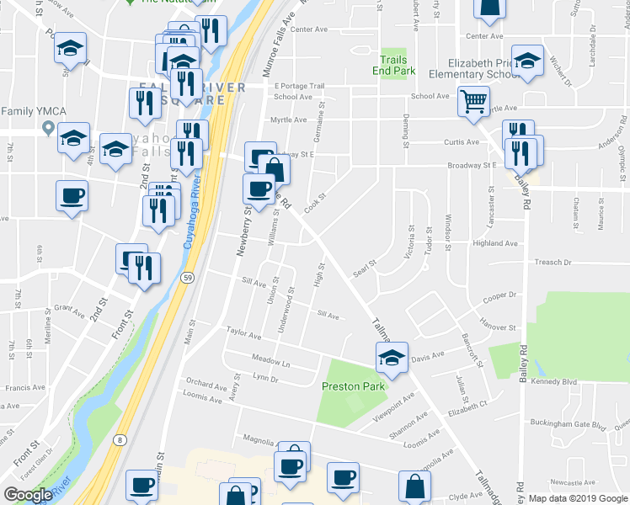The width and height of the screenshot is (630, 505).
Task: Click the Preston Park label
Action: point(353,386)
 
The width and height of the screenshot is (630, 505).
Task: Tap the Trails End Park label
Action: point(393,66)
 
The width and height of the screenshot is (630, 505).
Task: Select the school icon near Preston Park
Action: point(392,358)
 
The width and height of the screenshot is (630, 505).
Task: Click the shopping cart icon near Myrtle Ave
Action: point(473,101)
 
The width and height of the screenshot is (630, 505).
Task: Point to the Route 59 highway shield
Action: point(187,277)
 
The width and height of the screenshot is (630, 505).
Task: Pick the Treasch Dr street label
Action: point(553,262)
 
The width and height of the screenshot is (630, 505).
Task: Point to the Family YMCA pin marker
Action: point(48,130)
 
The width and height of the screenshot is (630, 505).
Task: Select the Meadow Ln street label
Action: point(270,363)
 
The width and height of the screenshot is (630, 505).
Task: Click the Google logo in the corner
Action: point(28,495)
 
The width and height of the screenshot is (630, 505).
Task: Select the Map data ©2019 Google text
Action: point(578,498)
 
